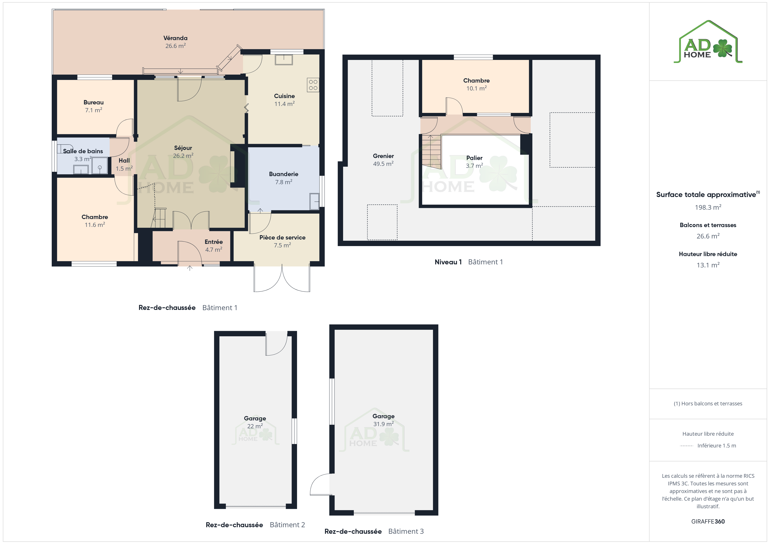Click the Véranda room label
(x=175, y=38)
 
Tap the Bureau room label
(x=94, y=102)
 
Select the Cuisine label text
(x=284, y=96)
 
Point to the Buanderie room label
(x=284, y=174)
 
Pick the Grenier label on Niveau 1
(x=383, y=156)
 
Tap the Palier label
(x=474, y=158)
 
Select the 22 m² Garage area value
(x=255, y=426)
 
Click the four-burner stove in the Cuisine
(x=313, y=85)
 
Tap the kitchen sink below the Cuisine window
(x=284, y=60)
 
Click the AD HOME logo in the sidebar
(x=708, y=42)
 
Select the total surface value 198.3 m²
(x=708, y=207)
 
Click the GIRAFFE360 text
(x=708, y=522)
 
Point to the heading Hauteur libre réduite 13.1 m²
(x=708, y=254)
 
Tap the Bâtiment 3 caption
(x=406, y=532)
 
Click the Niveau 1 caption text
(x=448, y=262)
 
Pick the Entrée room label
(x=214, y=242)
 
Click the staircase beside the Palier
(x=431, y=152)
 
